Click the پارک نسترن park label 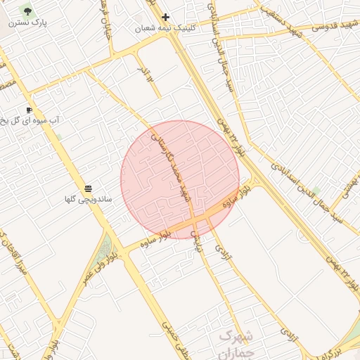point(34,22)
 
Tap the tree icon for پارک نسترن point(27,11)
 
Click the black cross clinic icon point(165,17)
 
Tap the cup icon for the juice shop point(29,110)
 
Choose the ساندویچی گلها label point(89,200)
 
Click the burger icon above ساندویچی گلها point(88,188)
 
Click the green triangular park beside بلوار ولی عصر point(106,248)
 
